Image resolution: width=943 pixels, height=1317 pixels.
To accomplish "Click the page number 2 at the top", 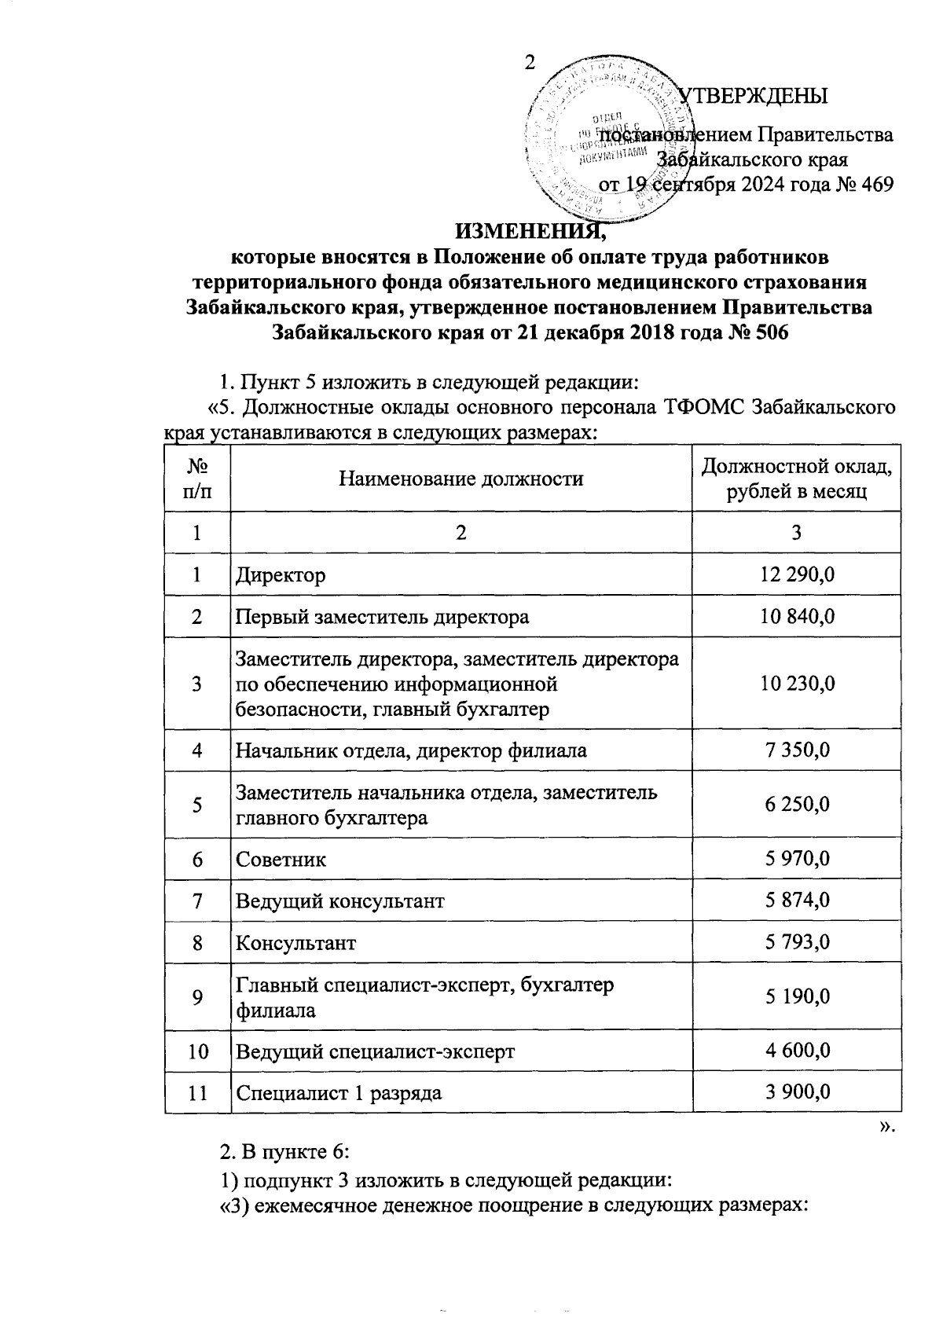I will click(530, 64).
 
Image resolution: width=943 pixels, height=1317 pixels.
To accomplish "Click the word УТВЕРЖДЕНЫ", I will click(753, 96).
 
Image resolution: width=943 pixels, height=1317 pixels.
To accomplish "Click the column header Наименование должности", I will click(460, 479).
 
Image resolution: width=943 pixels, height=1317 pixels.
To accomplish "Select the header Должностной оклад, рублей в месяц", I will click(796, 479).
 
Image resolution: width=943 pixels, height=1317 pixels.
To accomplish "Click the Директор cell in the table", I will click(281, 575).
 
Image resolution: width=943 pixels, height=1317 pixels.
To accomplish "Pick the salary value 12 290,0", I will click(796, 575).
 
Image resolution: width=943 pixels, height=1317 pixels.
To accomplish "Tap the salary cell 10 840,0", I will click(796, 617).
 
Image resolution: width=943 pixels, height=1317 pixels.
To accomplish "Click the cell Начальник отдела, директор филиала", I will click(411, 750).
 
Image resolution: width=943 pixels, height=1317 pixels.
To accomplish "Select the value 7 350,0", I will click(796, 750).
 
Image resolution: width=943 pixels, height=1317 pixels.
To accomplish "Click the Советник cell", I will click(281, 860).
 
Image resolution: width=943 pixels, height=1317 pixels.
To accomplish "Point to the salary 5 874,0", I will click(796, 901).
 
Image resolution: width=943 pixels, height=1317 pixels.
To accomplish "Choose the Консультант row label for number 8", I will click(296, 942).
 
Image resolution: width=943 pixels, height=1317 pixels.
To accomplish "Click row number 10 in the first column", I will click(197, 1051).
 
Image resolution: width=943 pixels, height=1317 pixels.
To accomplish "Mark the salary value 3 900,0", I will click(796, 1092).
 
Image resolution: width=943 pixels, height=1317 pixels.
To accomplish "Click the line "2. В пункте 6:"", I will click(284, 1153).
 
